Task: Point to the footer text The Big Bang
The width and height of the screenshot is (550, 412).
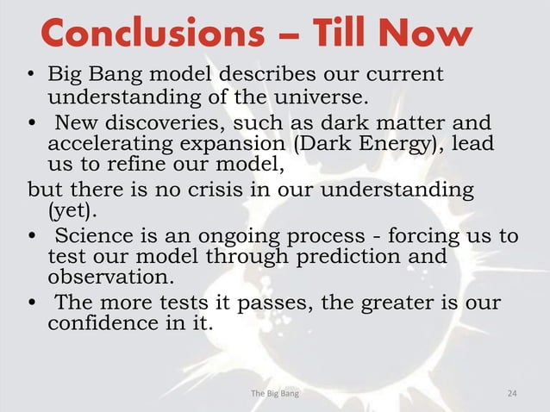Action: pyautogui.click(x=275, y=394)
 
